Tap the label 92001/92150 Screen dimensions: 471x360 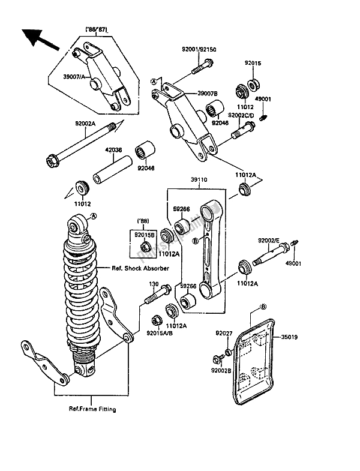[x=196, y=52]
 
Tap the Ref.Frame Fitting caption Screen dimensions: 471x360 [x=91, y=409]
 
